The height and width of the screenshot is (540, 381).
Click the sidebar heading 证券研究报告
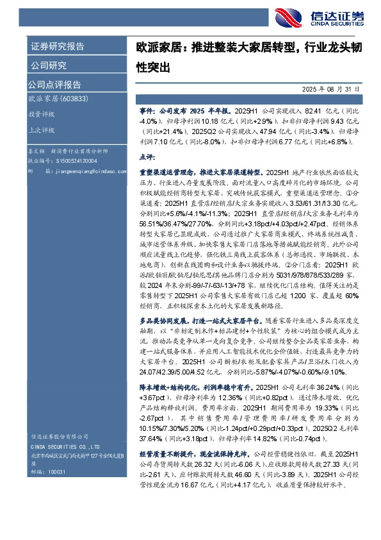click(57, 46)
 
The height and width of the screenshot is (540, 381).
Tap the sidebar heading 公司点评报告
click(54, 84)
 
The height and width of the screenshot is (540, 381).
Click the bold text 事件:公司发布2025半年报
click(182, 111)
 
